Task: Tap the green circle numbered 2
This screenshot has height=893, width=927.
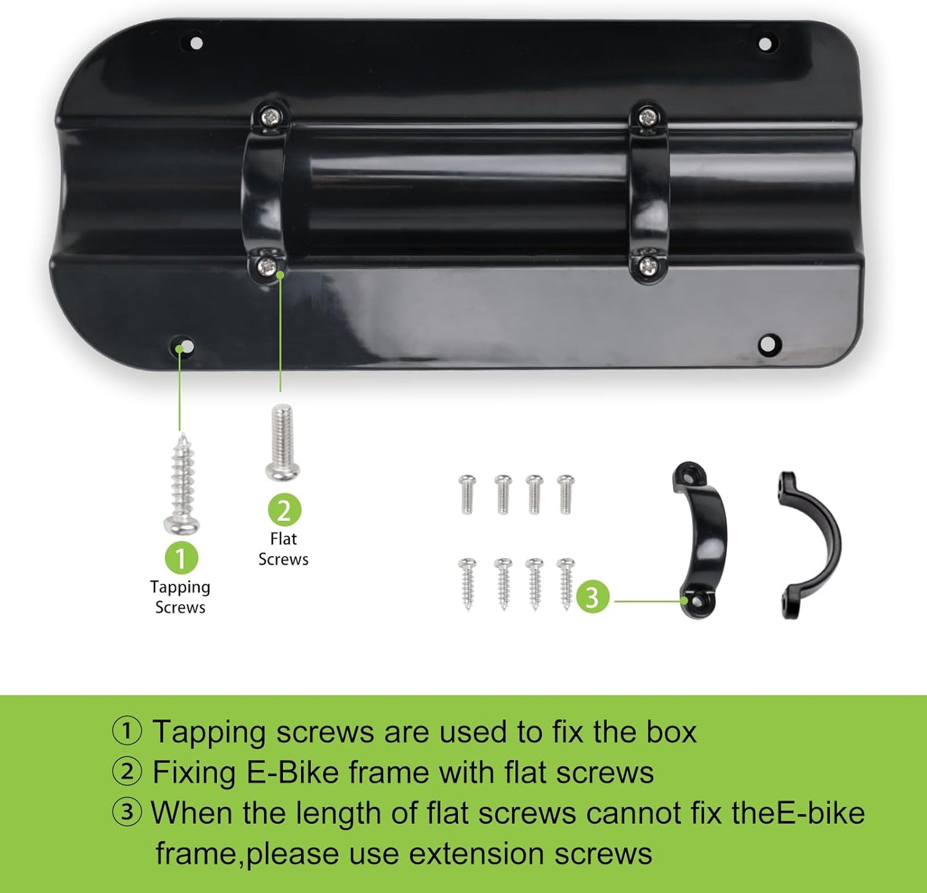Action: (x=284, y=510)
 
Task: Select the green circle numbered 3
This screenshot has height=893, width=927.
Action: (x=593, y=596)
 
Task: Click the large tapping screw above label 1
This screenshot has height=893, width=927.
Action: (x=182, y=484)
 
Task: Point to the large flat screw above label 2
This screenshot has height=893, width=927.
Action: (x=282, y=443)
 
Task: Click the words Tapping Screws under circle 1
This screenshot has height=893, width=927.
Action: (x=180, y=597)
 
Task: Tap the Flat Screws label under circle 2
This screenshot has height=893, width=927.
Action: (x=284, y=549)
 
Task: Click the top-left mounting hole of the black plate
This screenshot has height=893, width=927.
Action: (x=196, y=43)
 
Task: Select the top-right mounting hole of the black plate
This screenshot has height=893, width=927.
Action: (x=765, y=44)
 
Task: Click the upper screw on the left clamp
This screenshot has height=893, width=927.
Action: (x=272, y=115)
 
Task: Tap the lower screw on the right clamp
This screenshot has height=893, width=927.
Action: (x=648, y=266)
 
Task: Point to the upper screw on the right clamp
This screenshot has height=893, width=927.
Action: (x=647, y=117)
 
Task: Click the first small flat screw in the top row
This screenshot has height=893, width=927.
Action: (x=467, y=495)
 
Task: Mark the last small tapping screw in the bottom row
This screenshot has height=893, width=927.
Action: (x=566, y=584)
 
